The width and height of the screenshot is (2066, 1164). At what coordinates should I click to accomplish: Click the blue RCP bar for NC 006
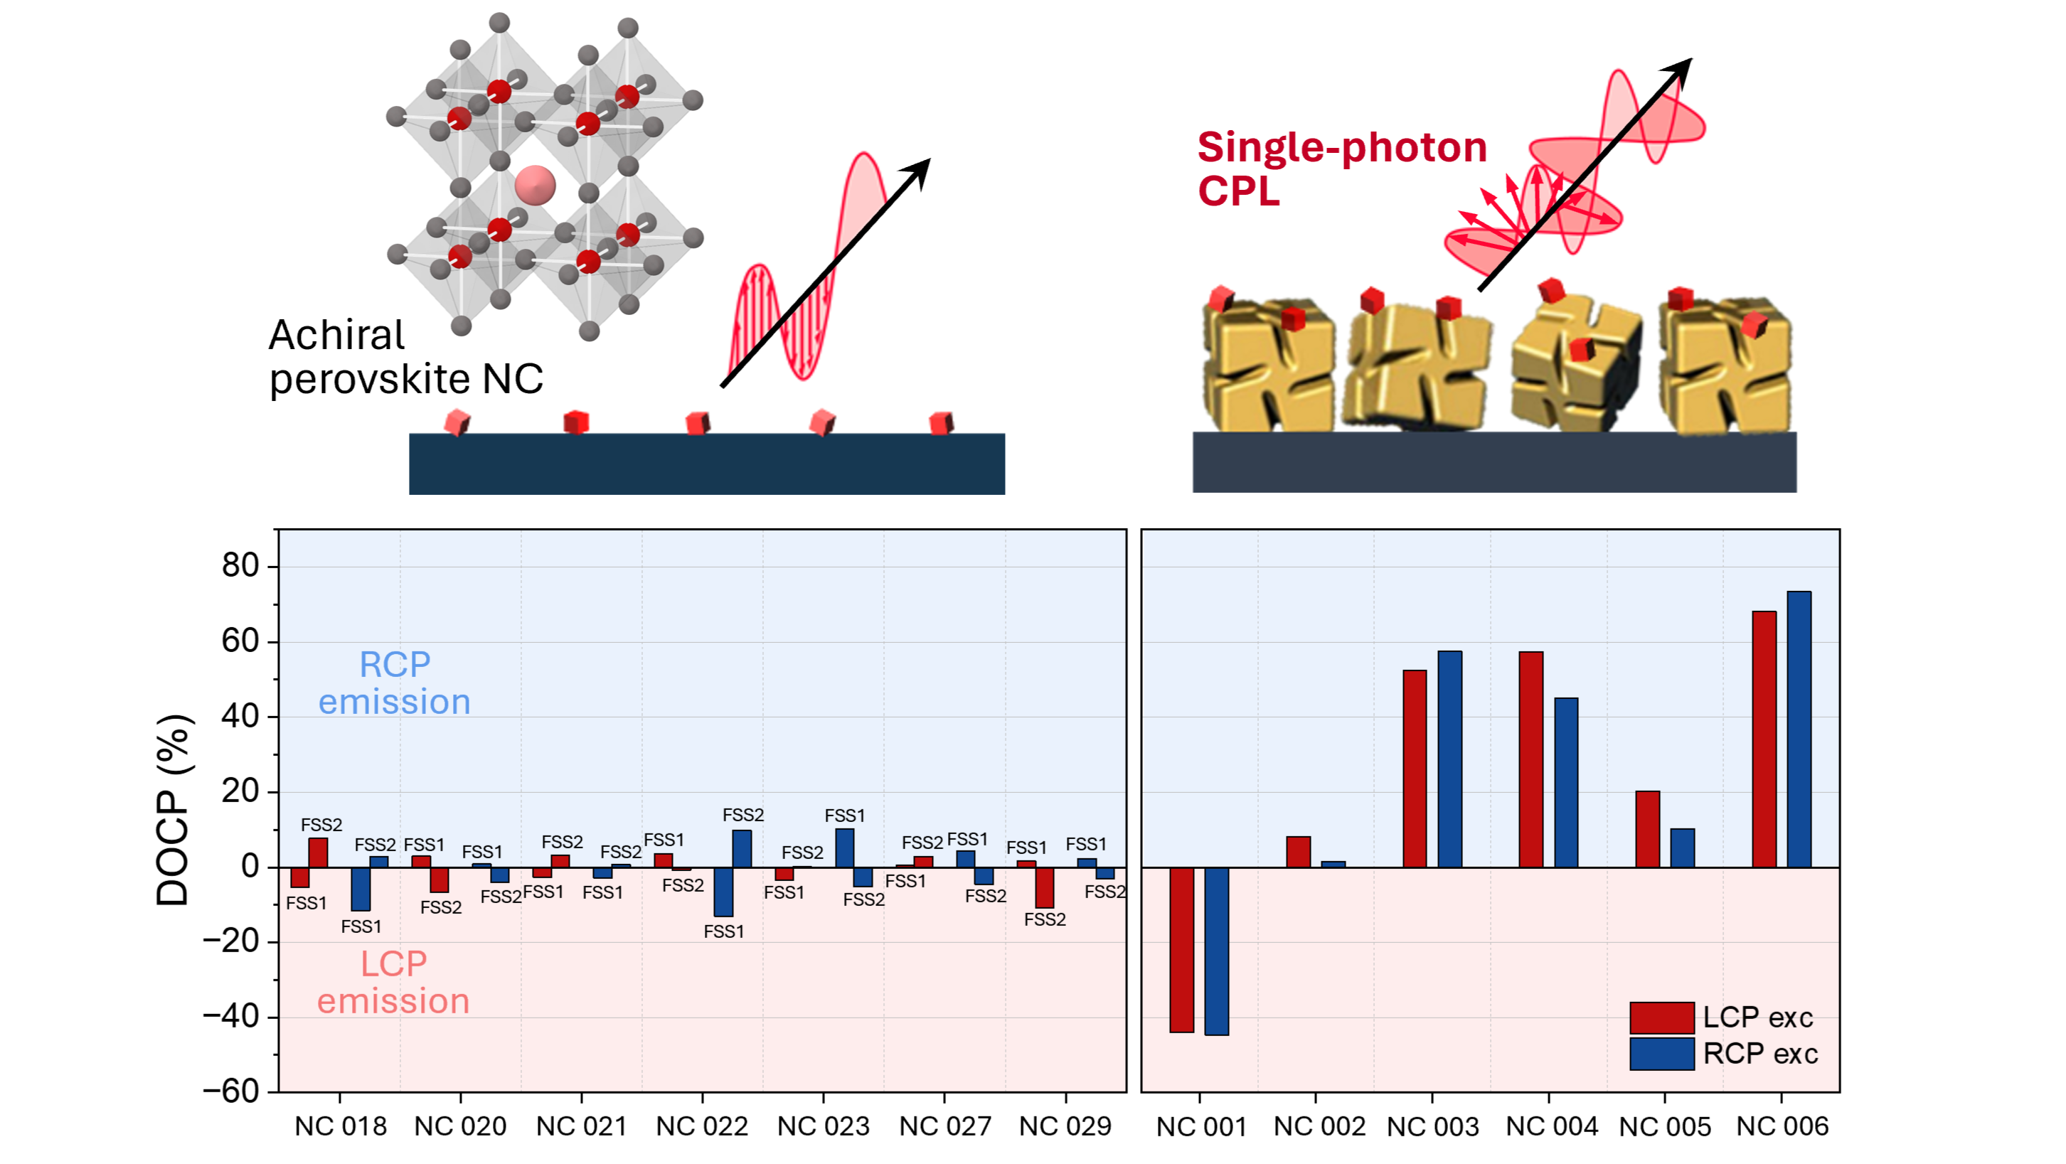(1798, 729)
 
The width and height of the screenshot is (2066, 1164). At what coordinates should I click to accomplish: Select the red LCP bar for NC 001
(1181, 949)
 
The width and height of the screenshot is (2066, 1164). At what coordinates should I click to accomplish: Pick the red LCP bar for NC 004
(1530, 759)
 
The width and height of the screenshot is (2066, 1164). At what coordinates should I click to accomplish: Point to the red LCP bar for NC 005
(1647, 829)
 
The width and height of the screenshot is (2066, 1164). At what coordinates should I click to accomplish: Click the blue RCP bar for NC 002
(1333, 864)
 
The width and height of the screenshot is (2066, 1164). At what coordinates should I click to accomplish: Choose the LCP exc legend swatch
(1661, 1018)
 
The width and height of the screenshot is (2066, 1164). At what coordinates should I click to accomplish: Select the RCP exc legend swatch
(1661, 1053)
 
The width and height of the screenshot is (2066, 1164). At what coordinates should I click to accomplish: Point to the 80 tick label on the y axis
(240, 566)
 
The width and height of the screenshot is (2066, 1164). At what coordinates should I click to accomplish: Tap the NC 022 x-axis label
(702, 1126)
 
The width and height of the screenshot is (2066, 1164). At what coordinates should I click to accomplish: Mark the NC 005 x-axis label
(1664, 1126)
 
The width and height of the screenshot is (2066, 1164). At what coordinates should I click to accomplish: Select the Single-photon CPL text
(1341, 169)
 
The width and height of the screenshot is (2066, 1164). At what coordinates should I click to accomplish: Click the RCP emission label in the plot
(394, 683)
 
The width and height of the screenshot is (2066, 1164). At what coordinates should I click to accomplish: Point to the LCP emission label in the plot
(393, 982)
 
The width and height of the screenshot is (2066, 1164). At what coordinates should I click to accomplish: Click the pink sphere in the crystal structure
(535, 185)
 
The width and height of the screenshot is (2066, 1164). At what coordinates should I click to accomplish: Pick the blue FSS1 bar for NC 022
(723, 892)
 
